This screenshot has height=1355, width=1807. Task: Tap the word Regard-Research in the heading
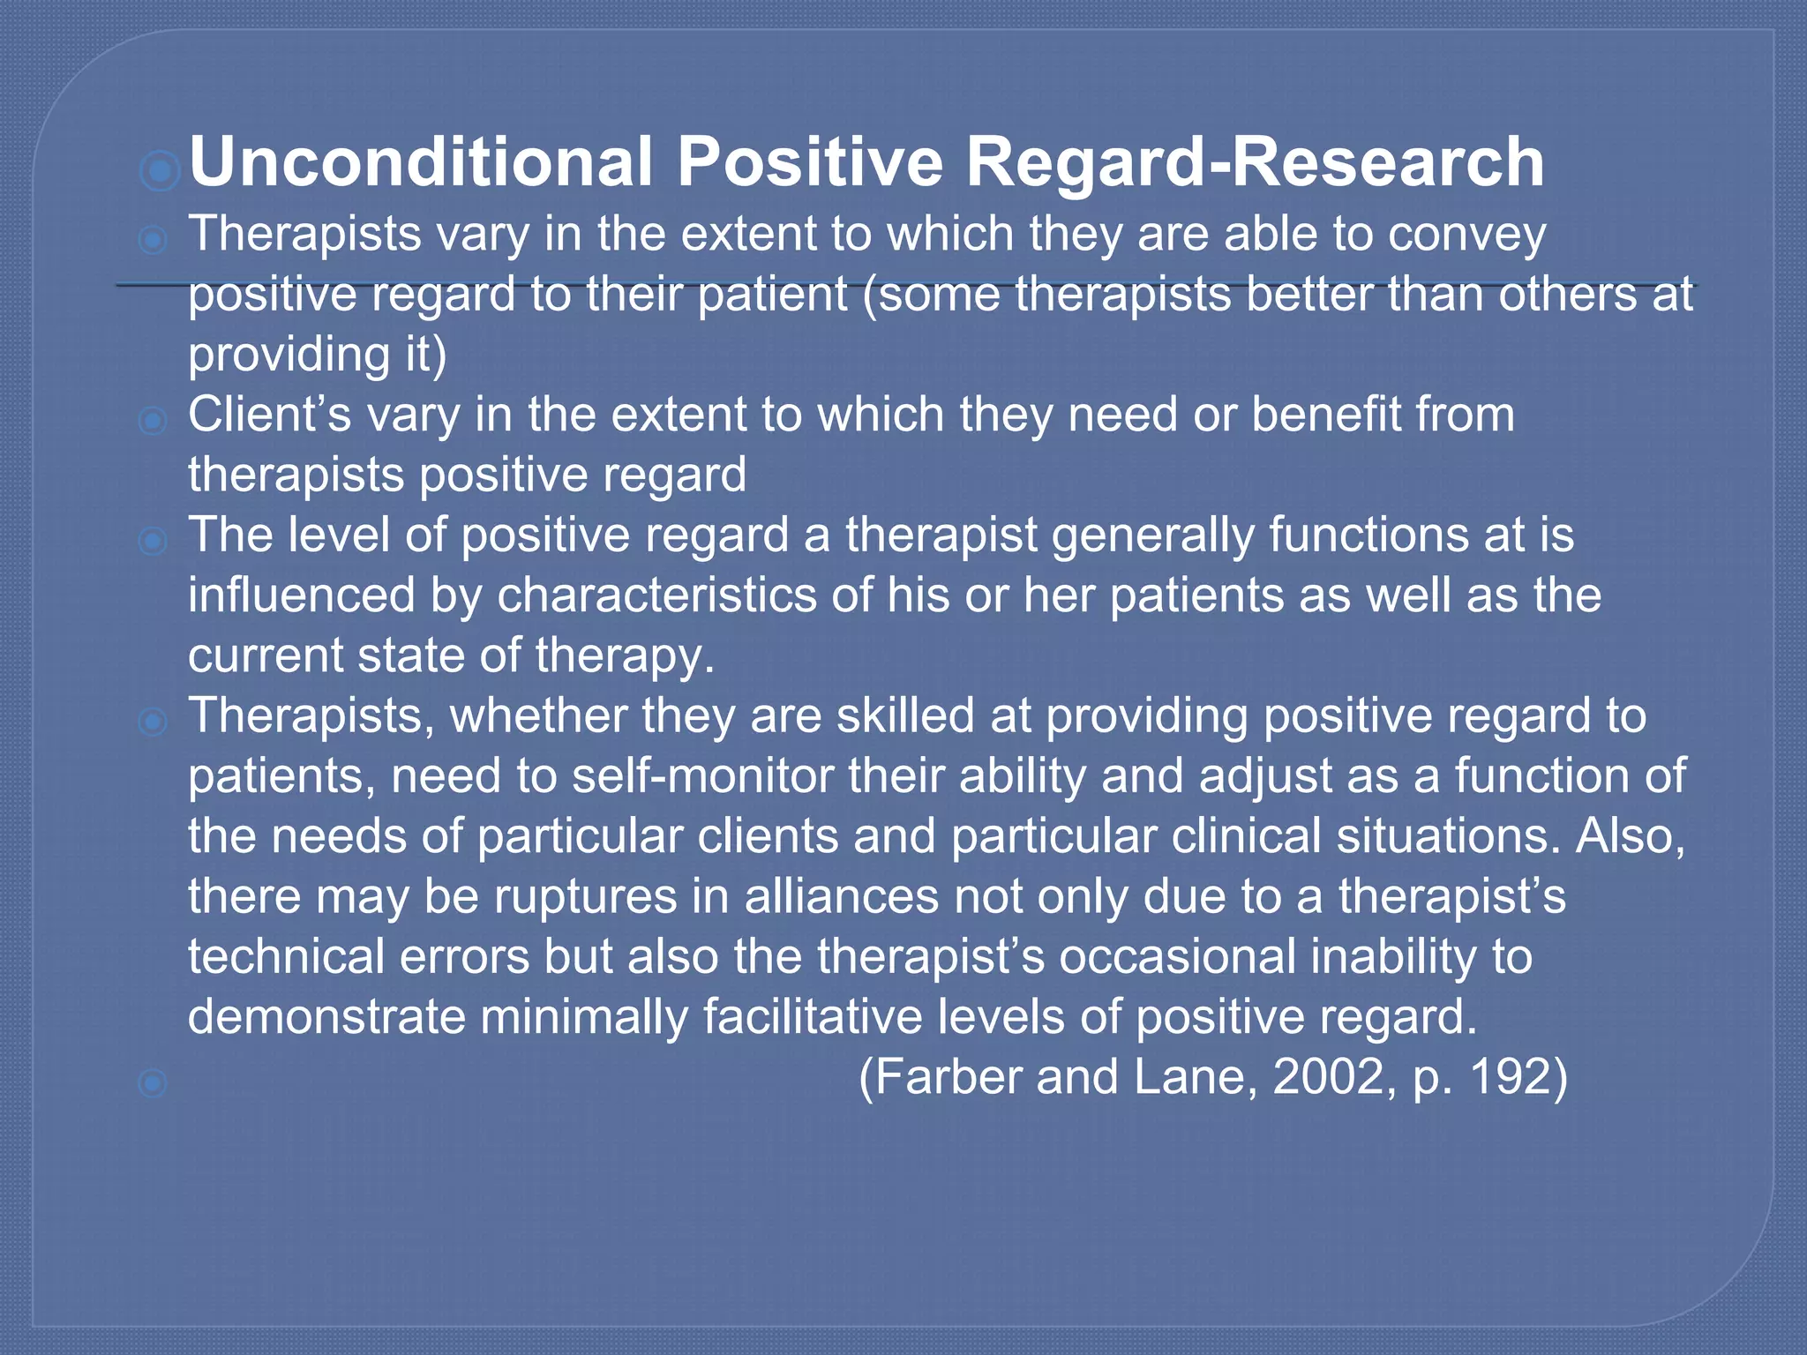point(1255,162)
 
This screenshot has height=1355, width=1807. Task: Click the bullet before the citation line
point(153,1082)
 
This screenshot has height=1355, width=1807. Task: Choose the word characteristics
point(657,595)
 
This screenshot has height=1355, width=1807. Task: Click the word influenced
point(301,595)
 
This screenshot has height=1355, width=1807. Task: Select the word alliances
point(841,896)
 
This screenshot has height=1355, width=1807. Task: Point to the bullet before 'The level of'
point(153,540)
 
